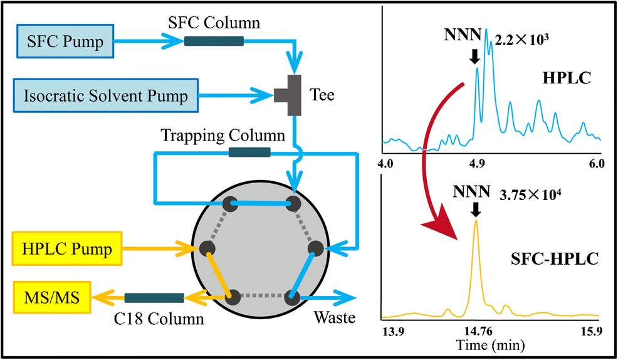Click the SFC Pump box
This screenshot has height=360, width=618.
[x=67, y=42]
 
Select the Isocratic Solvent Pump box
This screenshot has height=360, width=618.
[x=107, y=96]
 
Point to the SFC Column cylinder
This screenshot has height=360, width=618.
[x=214, y=41]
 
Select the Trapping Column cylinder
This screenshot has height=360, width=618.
[x=249, y=152]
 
